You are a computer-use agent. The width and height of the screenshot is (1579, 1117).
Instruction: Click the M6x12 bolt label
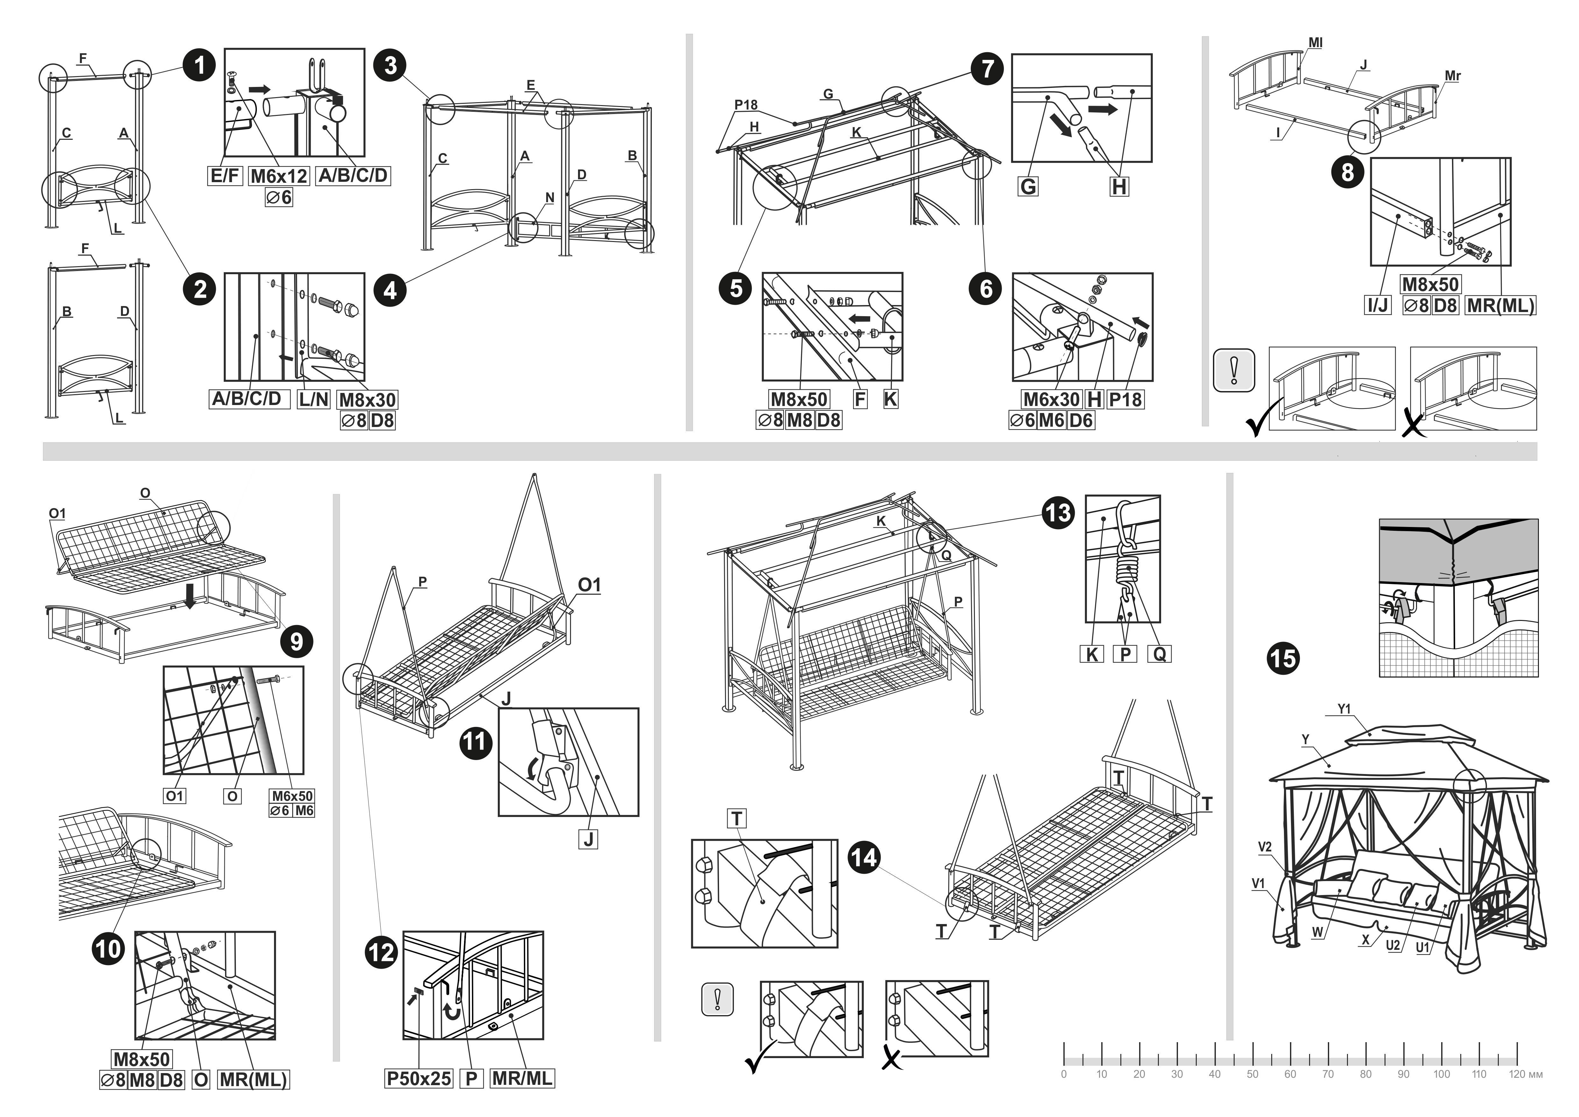coord(278,176)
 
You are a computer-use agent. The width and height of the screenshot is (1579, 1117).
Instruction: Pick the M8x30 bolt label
coord(367,400)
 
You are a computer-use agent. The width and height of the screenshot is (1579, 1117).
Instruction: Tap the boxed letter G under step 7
coord(1027,186)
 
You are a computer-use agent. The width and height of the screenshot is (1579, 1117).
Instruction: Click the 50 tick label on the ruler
coord(1252,1074)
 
